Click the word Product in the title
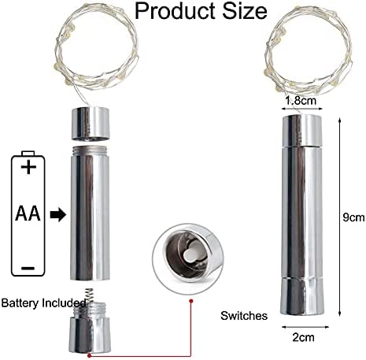[x=176, y=12]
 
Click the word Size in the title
[x=245, y=10]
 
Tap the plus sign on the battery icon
[x=28, y=167]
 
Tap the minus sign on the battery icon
[x=28, y=268]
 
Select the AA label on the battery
[x=28, y=213]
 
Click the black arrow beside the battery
[x=58, y=215]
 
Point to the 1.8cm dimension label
[x=301, y=100]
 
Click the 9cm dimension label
[x=353, y=217]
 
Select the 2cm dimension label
[x=303, y=337]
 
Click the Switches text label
[x=244, y=316]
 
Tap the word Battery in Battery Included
[x=20, y=303]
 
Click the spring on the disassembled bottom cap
[x=90, y=295]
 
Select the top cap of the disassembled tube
[x=91, y=123]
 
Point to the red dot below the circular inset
[x=191, y=301]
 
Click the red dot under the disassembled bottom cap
[x=89, y=355]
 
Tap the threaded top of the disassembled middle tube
[x=90, y=149]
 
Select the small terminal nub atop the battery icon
[x=28, y=154]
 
